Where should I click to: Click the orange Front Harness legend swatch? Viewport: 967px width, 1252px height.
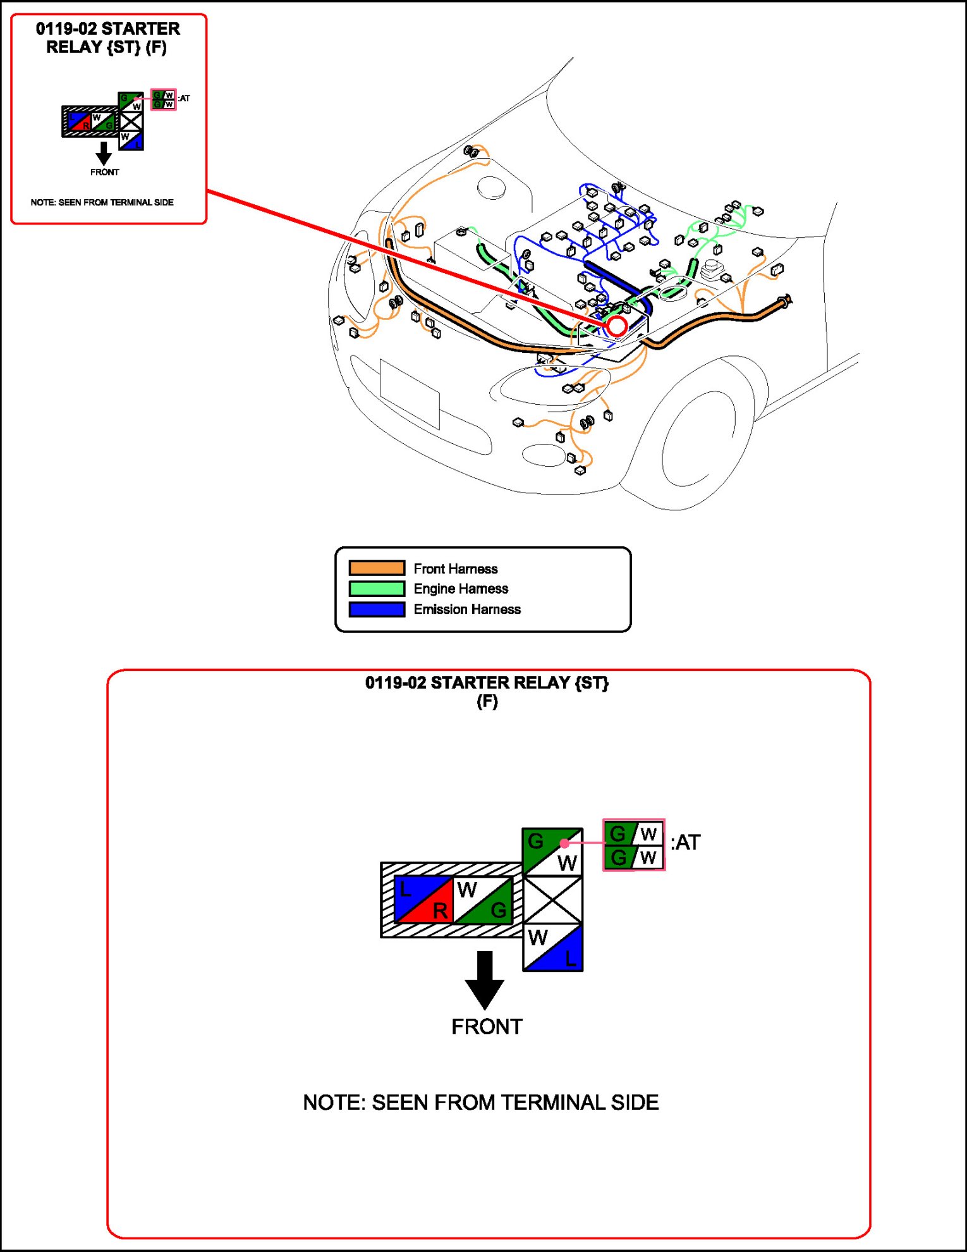(377, 568)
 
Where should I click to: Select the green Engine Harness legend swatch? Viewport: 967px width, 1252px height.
(377, 589)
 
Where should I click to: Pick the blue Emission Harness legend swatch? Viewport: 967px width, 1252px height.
(377, 609)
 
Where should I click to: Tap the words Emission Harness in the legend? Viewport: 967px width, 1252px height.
(467, 609)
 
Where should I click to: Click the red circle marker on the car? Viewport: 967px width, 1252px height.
(616, 326)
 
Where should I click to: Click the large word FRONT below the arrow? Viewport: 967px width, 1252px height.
(487, 1026)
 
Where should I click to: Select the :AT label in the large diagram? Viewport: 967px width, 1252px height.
(686, 842)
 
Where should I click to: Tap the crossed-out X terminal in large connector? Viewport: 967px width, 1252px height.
(552, 899)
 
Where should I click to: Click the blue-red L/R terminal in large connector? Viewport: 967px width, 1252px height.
(423, 900)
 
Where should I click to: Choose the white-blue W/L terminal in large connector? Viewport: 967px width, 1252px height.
(552, 947)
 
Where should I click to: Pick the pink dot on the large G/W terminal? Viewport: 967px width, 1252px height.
(564, 844)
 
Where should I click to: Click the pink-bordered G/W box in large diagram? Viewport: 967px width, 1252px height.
(633, 845)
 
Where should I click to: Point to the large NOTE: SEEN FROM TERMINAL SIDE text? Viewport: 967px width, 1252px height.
(480, 1102)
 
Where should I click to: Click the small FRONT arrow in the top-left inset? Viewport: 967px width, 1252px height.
(104, 153)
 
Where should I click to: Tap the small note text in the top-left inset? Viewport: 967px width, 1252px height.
(102, 202)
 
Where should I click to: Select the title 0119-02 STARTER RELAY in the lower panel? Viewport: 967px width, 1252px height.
(487, 683)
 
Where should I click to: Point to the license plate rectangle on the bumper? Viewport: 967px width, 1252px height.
(410, 393)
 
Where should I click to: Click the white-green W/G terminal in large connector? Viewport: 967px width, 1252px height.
(483, 900)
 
